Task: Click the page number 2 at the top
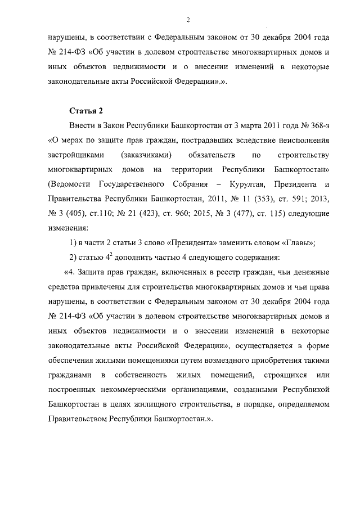pos(188,20)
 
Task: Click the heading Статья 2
pos(85,109)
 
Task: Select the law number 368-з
pos(316,124)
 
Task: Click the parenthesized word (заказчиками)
pos(146,154)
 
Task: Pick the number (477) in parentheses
pos(260,214)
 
